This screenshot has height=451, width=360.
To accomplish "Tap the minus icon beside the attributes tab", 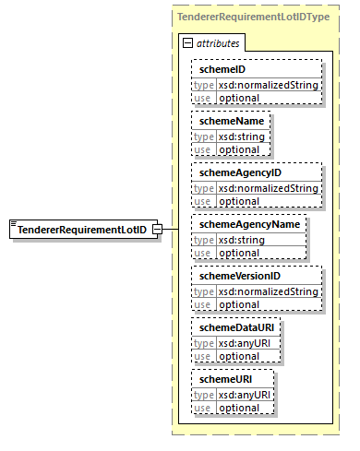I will (x=188, y=43).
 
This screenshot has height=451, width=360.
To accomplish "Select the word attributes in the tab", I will (x=216, y=43).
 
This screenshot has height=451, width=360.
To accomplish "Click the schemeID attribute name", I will (x=218, y=69).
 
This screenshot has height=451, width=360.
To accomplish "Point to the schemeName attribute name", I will (x=224, y=120).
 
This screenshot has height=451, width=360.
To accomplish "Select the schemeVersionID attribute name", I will (x=236, y=276).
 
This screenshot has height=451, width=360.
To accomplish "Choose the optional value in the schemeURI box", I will (x=239, y=407).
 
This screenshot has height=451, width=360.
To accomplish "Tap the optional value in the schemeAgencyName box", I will (x=239, y=252).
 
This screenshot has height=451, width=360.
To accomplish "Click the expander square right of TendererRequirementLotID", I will (x=158, y=230).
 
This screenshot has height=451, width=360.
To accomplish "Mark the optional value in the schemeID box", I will (x=239, y=97).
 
